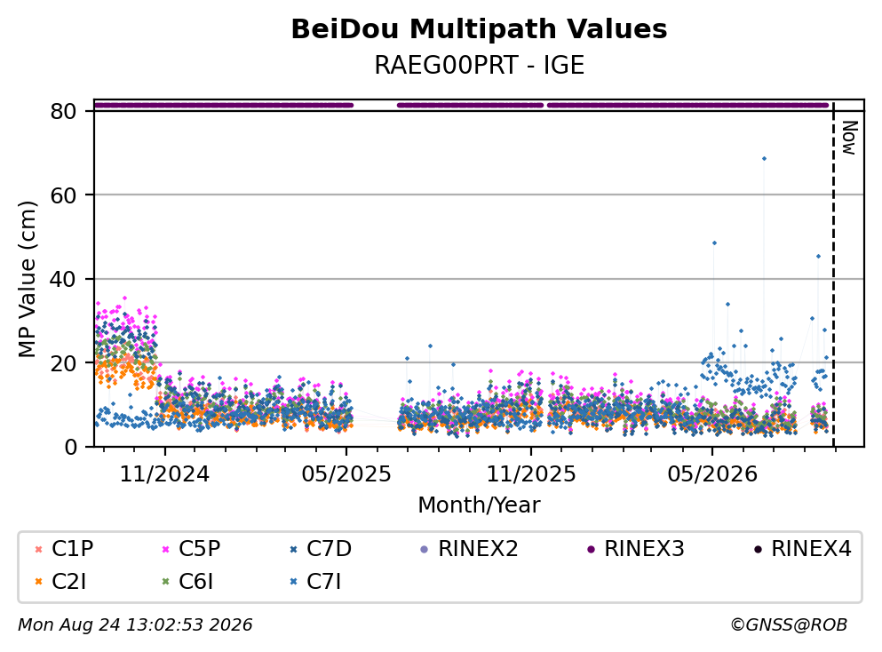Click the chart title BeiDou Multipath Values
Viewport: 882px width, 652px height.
[x=479, y=29]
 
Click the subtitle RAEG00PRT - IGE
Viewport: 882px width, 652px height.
[x=480, y=65]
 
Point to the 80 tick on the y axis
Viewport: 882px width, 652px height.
[x=63, y=111]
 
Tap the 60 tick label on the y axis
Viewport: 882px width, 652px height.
[x=63, y=195]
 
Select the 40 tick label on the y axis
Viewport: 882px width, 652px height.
[x=63, y=279]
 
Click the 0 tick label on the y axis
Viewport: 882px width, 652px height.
[x=70, y=447]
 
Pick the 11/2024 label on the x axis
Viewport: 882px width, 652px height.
[x=165, y=474]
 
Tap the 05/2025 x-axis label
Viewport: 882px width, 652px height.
[x=346, y=474]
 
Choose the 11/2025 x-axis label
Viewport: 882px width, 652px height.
[x=531, y=474]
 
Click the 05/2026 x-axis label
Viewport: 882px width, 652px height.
[x=712, y=474]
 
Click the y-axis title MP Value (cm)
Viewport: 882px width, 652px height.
[x=27, y=279]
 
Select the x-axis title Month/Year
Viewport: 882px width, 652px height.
[x=479, y=505]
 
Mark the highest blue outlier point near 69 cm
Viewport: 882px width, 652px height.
[x=764, y=159]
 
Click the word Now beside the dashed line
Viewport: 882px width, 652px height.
[x=849, y=138]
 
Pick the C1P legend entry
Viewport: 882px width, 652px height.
[x=64, y=548]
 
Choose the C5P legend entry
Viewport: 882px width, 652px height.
[x=191, y=548]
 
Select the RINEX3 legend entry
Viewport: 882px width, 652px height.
[x=636, y=548]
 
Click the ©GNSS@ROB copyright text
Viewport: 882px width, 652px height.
[x=789, y=624]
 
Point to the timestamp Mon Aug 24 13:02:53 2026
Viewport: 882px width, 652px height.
[x=136, y=624]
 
